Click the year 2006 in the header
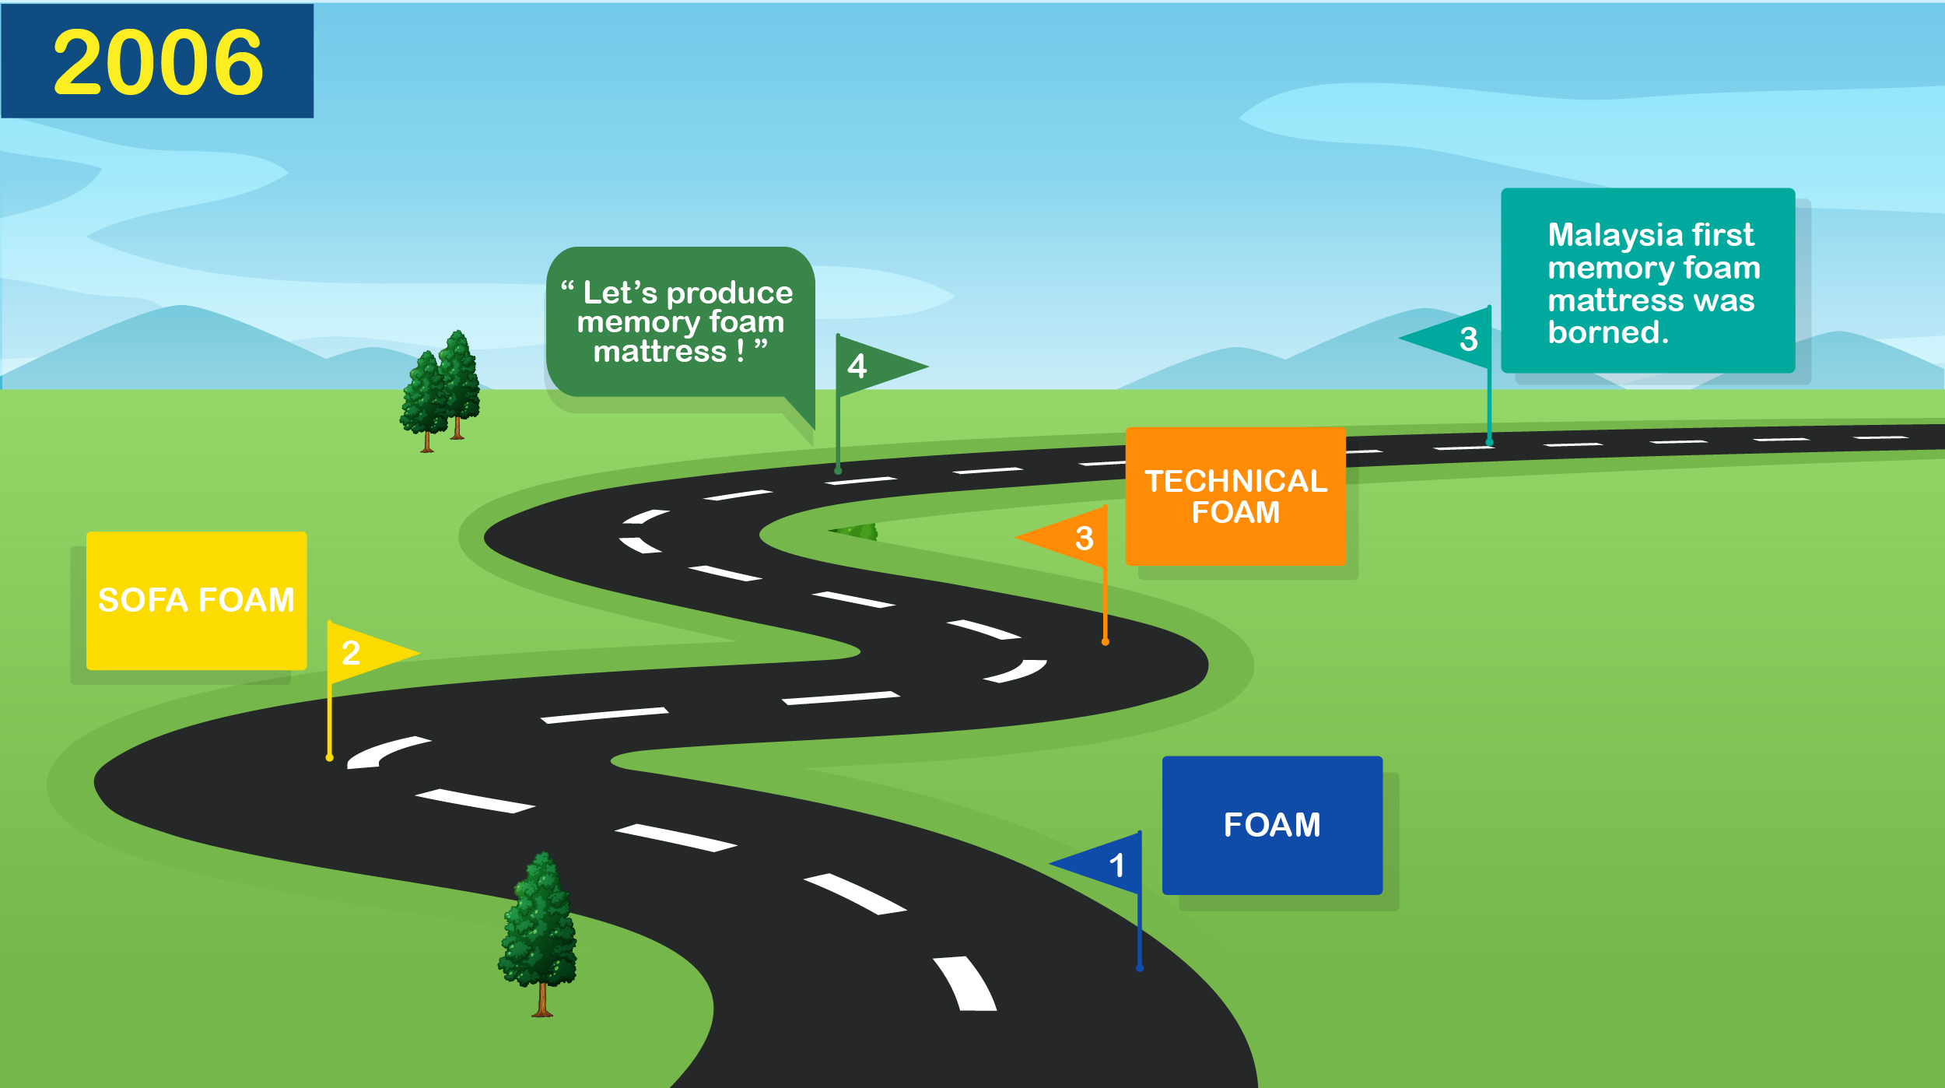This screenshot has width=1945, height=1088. pyautogui.click(x=158, y=62)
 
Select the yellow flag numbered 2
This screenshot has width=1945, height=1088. pyautogui.click(x=366, y=653)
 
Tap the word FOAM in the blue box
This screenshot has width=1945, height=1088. pyautogui.click(x=1272, y=825)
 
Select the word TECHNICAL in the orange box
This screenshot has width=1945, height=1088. pyautogui.click(x=1235, y=481)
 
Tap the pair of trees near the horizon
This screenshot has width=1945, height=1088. pyautogui.click(x=441, y=393)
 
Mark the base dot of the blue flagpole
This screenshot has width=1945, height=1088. pyautogui.click(x=1140, y=968)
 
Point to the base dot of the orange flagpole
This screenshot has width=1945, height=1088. pyautogui.click(x=1105, y=642)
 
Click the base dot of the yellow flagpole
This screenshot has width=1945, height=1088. pyautogui.click(x=330, y=757)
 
